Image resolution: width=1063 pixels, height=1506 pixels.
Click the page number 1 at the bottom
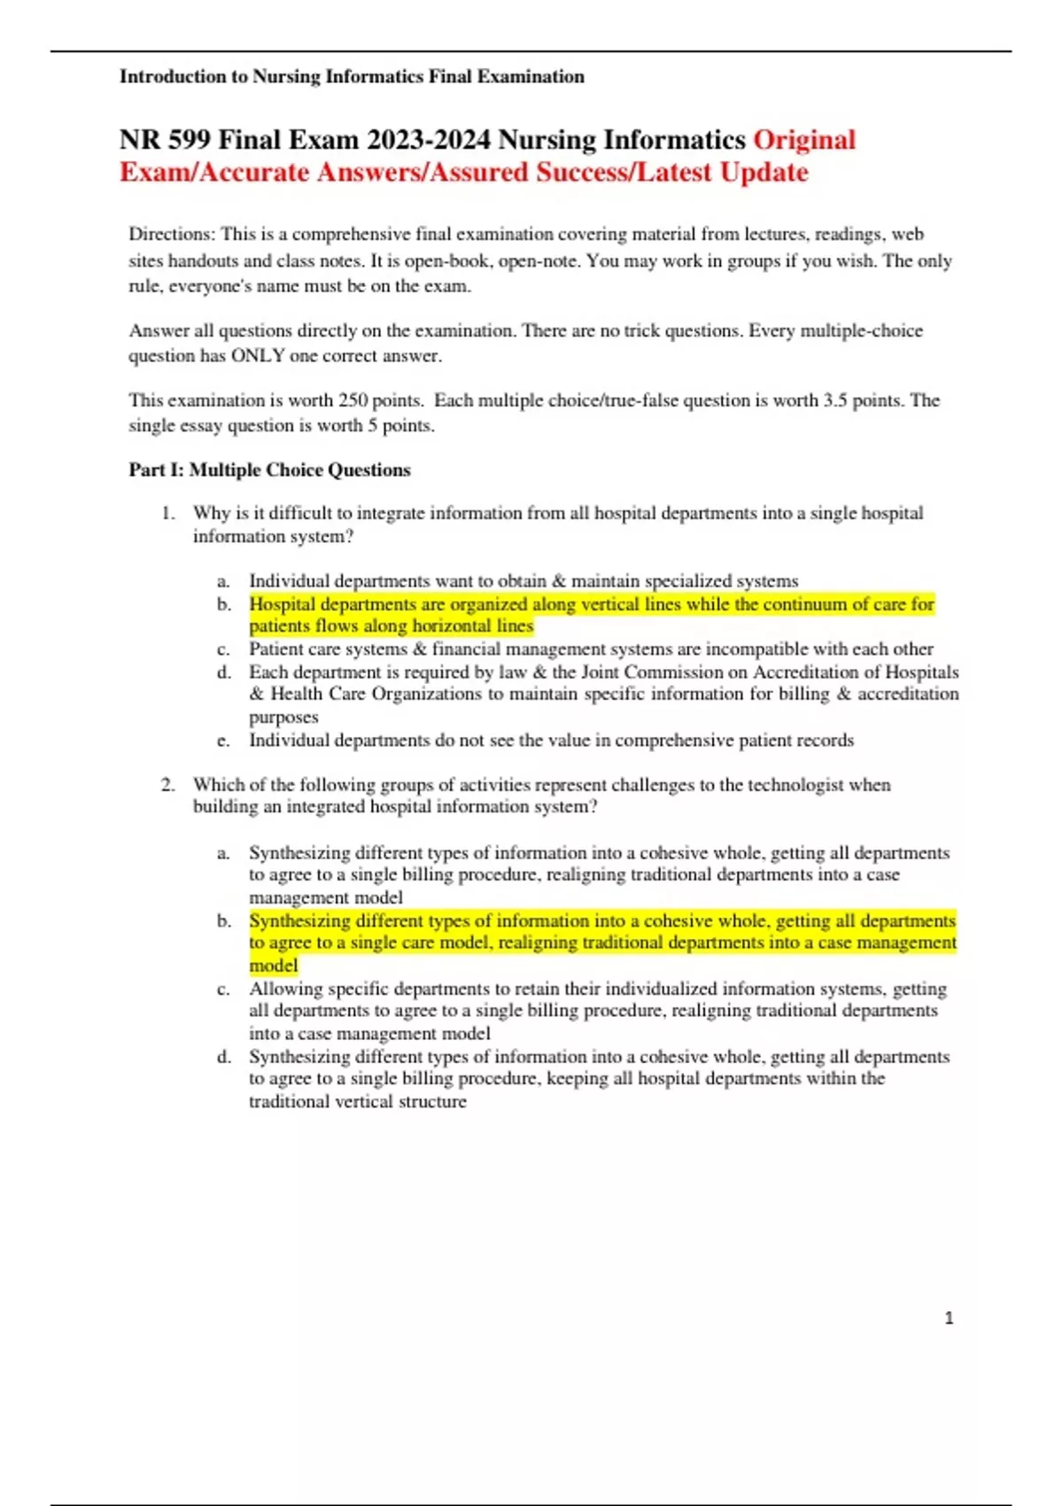click(949, 1318)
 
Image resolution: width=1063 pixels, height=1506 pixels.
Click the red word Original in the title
click(804, 140)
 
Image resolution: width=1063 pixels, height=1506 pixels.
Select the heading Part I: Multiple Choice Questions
click(269, 470)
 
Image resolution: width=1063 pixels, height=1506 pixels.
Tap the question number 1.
click(167, 513)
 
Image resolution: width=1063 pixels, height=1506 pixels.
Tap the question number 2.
click(167, 785)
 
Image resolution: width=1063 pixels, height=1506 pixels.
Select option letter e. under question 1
click(223, 741)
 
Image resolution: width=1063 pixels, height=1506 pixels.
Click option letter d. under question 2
click(223, 1057)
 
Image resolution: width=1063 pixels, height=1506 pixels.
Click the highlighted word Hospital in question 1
click(282, 604)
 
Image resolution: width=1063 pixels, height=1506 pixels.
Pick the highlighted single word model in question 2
click(273, 966)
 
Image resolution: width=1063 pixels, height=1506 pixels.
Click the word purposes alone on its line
click(283, 717)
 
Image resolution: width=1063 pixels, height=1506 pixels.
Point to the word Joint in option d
click(600, 672)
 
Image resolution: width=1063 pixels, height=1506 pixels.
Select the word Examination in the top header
click(531, 77)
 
